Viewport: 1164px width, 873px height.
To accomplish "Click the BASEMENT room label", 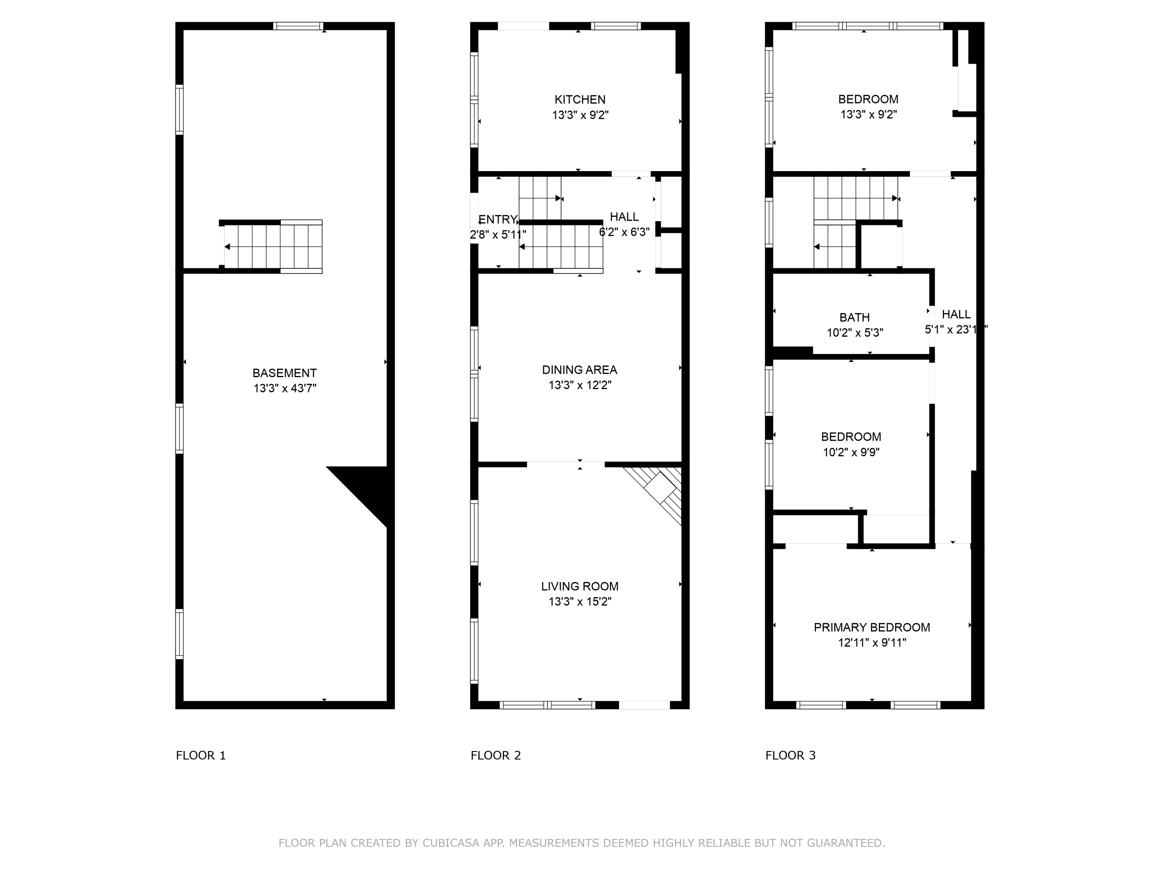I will point(284,373).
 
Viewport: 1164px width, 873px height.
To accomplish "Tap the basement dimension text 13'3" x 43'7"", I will point(284,389).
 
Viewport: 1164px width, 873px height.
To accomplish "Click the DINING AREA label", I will point(579,370).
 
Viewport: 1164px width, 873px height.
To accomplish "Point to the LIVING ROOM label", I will point(579,586).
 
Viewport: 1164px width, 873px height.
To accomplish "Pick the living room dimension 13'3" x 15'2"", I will point(579,601).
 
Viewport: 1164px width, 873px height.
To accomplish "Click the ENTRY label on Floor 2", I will point(497,220).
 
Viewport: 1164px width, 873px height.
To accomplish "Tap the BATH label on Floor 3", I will point(854,317).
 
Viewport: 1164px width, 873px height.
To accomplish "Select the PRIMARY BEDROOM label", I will point(871,627).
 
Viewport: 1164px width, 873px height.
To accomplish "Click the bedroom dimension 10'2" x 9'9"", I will point(851,452).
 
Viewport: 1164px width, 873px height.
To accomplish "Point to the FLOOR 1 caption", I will point(201,756).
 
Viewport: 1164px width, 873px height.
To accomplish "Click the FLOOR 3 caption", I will point(790,756).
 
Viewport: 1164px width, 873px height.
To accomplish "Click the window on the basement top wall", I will point(298,26).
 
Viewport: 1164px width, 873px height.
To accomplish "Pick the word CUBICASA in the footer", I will point(450,843).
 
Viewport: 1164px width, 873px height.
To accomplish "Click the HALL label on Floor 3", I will point(956,314).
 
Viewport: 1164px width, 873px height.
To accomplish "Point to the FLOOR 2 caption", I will point(495,756).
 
